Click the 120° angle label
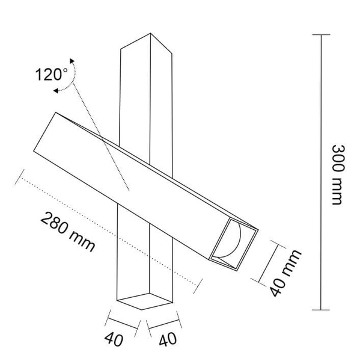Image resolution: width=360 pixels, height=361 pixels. [52, 75]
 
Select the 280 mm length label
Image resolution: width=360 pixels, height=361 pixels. [68, 232]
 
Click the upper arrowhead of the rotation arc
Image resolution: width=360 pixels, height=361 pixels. [72, 61]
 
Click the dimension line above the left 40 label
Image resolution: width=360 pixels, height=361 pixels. [123, 321]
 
